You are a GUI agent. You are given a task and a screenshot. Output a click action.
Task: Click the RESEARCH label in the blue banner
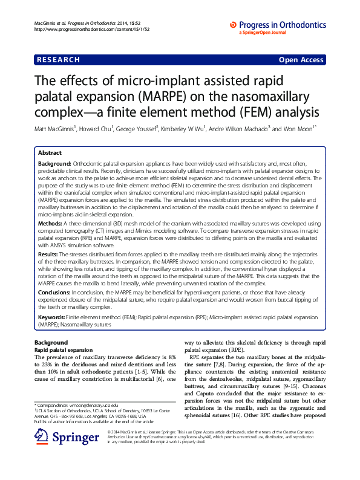coord(58,60)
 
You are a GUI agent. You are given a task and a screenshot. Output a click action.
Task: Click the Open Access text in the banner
coord(301,60)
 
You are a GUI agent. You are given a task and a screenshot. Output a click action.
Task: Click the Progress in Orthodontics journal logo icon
coord(234,24)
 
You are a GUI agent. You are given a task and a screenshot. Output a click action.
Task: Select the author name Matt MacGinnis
coord(60,129)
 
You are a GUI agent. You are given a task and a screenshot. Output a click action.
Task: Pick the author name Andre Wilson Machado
coord(238,129)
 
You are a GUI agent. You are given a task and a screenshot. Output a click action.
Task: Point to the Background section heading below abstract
coord(51,342)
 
